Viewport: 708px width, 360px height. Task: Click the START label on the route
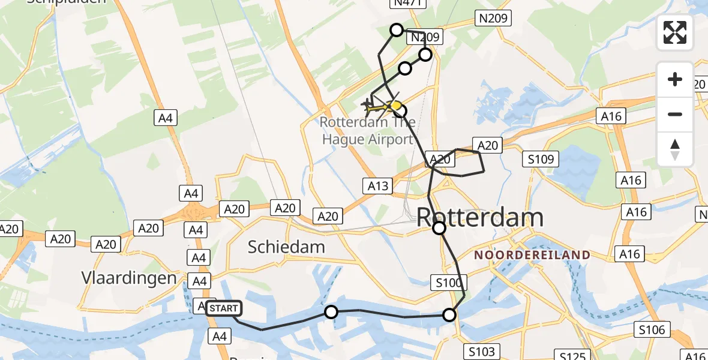click(x=224, y=308)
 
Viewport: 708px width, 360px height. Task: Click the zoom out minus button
click(x=675, y=114)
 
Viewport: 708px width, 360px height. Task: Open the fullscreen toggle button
click(x=675, y=32)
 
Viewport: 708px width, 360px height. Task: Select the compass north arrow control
click(x=675, y=149)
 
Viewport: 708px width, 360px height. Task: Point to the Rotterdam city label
click(x=479, y=217)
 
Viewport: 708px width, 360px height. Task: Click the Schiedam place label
click(x=287, y=247)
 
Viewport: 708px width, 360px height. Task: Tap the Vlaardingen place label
click(x=130, y=278)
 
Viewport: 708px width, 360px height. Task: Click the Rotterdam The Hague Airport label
click(x=367, y=131)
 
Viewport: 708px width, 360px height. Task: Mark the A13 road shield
click(x=377, y=186)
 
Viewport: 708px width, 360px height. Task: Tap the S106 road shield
click(x=652, y=329)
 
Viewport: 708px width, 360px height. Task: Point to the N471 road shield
click(x=409, y=3)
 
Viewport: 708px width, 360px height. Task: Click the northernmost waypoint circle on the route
click(x=397, y=29)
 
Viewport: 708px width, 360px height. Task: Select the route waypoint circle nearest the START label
click(x=331, y=312)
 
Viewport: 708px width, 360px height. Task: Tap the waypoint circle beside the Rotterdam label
click(x=439, y=228)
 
